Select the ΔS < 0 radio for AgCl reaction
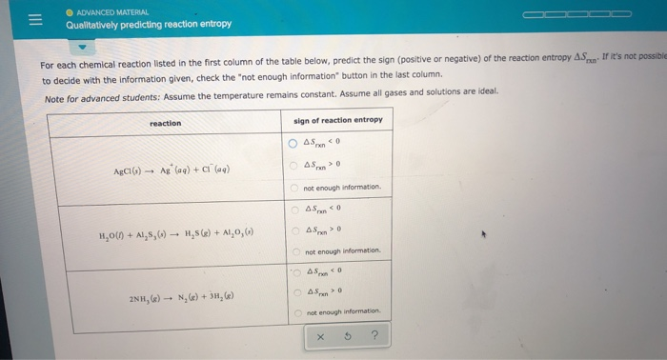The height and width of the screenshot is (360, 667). point(294,145)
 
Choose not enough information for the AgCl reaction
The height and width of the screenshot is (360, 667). point(294,188)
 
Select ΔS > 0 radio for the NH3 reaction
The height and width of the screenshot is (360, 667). point(295,292)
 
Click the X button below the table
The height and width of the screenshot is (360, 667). point(320,335)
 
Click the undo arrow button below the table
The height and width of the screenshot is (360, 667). point(348,335)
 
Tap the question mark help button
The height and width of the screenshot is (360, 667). point(375,335)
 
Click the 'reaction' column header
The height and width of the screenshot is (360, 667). point(165,123)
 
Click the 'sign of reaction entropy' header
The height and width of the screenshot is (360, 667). point(337,120)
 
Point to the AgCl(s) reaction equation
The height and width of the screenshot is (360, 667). point(172,170)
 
